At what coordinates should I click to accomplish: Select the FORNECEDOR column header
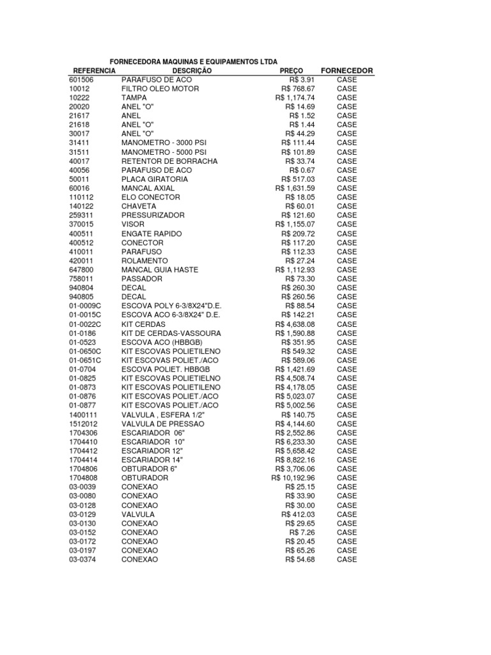click(347, 70)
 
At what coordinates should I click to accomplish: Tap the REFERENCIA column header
click(94, 70)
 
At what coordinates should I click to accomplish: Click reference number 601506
click(81, 79)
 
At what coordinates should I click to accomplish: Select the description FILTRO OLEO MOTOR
click(160, 88)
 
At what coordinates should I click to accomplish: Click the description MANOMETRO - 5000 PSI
click(164, 152)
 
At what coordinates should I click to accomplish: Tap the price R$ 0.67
click(302, 170)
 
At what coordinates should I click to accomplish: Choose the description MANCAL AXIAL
click(148, 188)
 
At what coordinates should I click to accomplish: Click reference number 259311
click(81, 216)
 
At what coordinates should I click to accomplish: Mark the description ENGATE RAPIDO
click(150, 233)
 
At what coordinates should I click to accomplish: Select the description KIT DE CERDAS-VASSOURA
click(171, 333)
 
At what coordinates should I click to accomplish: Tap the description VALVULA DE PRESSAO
click(163, 423)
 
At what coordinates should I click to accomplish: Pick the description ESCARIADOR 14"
click(152, 460)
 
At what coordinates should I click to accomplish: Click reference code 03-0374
click(82, 560)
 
